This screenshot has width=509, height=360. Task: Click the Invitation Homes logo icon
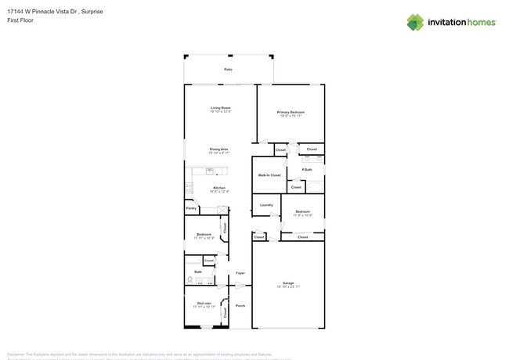click(x=415, y=22)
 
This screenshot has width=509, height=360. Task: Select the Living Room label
click(x=220, y=107)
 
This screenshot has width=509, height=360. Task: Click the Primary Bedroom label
click(x=291, y=112)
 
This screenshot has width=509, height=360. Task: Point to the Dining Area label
click(x=218, y=149)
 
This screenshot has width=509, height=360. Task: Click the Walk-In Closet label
click(x=269, y=175)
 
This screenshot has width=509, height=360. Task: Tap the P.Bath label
click(x=307, y=169)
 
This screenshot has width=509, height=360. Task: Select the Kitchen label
click(x=220, y=188)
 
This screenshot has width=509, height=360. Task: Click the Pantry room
click(x=190, y=209)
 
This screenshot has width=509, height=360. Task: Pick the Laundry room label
click(x=266, y=205)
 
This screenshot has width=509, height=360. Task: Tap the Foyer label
click(x=240, y=273)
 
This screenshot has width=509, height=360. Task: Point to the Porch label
click(x=240, y=305)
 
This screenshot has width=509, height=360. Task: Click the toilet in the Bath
click(x=190, y=279)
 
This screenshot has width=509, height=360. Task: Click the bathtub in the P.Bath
click(x=315, y=186)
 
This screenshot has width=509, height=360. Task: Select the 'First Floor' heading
click(x=17, y=21)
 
